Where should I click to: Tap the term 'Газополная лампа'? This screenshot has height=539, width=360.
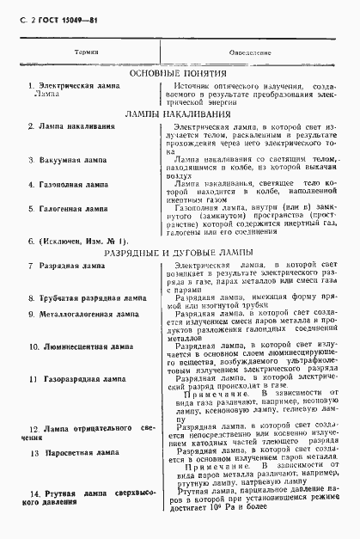pos(73,185)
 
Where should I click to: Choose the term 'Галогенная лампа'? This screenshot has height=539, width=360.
pos(73,209)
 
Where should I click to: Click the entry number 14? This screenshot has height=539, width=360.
pos(35,493)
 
